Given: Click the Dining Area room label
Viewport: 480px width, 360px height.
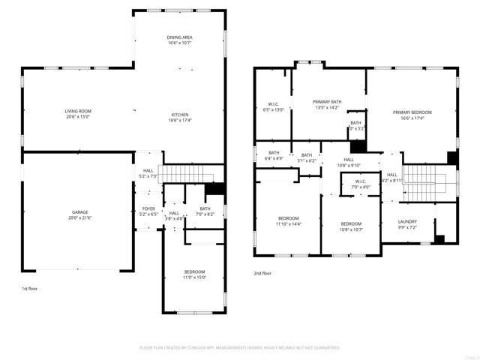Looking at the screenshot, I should [x=179, y=37].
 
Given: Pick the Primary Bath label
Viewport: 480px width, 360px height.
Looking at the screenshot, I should [x=327, y=100].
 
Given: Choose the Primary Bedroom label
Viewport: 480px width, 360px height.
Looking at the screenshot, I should [x=412, y=112].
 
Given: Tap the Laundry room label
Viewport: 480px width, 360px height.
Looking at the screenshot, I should [x=407, y=221].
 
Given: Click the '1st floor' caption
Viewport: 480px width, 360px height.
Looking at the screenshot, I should [x=29, y=288].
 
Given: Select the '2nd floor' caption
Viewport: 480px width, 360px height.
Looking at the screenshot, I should [x=262, y=273].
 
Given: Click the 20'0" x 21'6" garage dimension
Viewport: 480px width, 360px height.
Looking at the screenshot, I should [x=79, y=218].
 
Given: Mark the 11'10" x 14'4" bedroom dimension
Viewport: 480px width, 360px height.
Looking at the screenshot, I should [x=289, y=224].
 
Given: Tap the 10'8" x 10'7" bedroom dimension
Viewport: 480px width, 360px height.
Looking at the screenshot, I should [x=351, y=229].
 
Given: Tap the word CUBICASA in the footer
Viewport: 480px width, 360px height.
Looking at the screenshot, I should [x=213, y=348].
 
